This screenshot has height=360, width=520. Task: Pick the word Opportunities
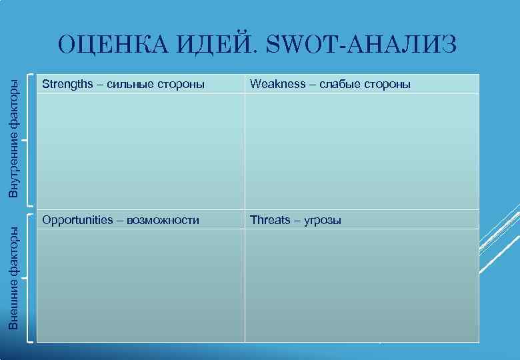click(x=77, y=220)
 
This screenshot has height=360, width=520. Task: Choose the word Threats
click(x=270, y=220)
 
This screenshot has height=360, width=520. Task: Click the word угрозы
click(x=323, y=220)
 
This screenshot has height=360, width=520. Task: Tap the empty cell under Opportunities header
click(x=141, y=285)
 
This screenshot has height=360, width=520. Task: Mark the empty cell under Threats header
click(x=362, y=285)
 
